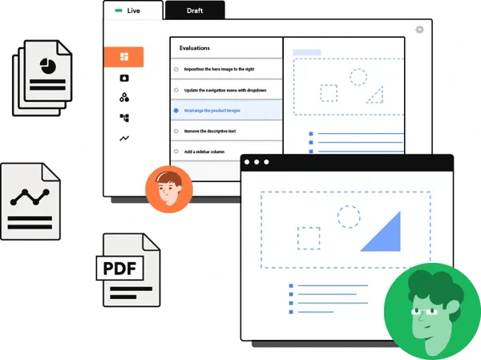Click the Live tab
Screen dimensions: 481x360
point(133,10)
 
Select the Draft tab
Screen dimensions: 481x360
point(195,10)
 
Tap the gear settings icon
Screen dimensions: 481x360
point(419,30)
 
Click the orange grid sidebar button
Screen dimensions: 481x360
point(124,57)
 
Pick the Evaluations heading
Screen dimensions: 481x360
point(195,48)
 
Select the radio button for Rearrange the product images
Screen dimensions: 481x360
point(176,111)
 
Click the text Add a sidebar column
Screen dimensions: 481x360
point(204,152)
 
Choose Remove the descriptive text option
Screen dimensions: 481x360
point(210,131)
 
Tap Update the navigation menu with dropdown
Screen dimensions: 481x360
point(225,91)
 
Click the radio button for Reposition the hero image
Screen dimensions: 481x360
point(176,70)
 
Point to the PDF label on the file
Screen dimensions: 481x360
point(119,269)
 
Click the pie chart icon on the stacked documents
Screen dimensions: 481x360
point(48,66)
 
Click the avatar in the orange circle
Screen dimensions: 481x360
point(169,189)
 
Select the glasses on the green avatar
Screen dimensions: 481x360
point(425,312)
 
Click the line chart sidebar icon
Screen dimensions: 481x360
point(124,139)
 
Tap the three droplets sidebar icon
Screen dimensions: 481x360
point(124,97)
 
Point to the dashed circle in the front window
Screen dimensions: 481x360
point(349,216)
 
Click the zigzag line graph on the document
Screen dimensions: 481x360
point(30,197)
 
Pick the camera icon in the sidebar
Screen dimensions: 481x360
point(124,79)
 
